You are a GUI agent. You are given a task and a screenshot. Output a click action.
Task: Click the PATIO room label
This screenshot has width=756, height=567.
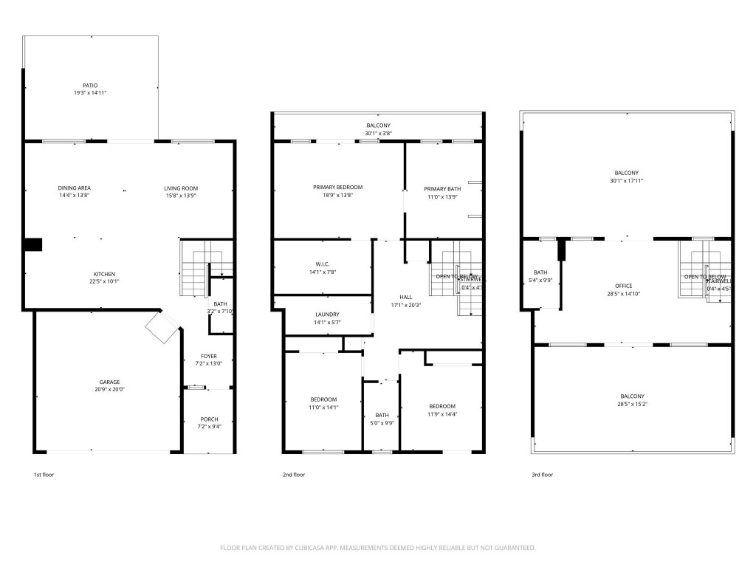pyautogui.click(x=90, y=85)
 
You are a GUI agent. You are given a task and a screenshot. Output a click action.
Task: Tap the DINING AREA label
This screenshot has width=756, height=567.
pyautogui.click(x=75, y=188)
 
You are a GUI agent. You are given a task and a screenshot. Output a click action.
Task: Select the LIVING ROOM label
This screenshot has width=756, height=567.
pyautogui.click(x=181, y=188)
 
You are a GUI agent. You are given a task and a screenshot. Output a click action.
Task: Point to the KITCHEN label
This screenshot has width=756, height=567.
pyautogui.click(x=104, y=274)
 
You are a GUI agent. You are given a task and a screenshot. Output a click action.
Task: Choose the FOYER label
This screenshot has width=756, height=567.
pyautogui.click(x=209, y=356)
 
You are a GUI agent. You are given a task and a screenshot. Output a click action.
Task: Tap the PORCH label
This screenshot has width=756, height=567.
pyautogui.click(x=209, y=419)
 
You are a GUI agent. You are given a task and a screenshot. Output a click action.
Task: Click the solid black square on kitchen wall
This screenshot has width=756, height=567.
pyautogui.click(x=33, y=245)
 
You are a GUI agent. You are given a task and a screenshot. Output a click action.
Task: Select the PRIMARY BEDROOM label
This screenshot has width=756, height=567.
pyautogui.click(x=337, y=188)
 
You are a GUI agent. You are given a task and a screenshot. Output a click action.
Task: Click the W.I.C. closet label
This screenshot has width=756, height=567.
pyautogui.click(x=322, y=264)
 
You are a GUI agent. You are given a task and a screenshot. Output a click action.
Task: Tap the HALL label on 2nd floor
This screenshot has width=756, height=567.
pyautogui.click(x=406, y=297)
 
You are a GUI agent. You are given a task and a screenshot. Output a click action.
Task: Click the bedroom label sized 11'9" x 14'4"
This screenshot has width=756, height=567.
pyautogui.click(x=442, y=406)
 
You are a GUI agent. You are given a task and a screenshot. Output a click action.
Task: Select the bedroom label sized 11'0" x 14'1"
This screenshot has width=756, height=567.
pyautogui.click(x=323, y=399)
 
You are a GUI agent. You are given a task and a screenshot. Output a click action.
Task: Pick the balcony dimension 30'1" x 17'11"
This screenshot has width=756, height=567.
pyautogui.click(x=626, y=180)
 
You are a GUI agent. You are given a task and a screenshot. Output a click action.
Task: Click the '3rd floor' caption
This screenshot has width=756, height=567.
pyautogui.click(x=542, y=475)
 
